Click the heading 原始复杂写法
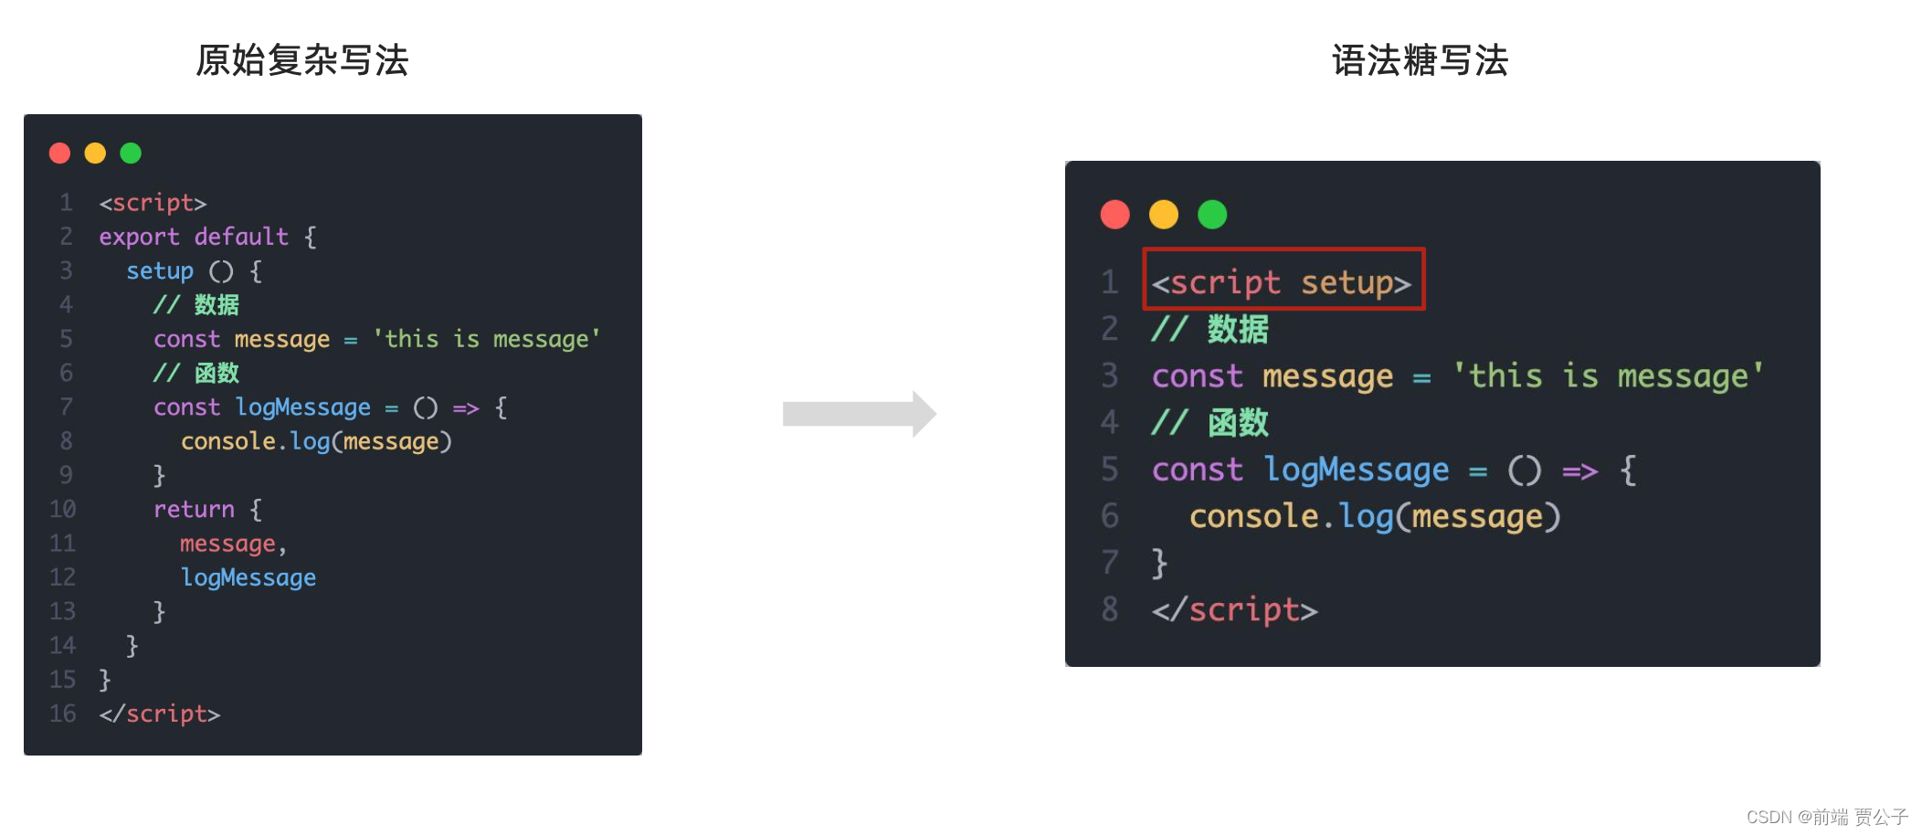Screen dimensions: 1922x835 [x=301, y=60]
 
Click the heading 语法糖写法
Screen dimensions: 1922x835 [x=1420, y=60]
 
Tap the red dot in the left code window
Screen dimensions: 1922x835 [x=60, y=153]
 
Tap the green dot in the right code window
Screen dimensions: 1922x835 [x=1212, y=215]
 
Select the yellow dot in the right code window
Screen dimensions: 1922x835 [x=1163, y=215]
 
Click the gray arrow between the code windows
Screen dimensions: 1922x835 [x=859, y=414]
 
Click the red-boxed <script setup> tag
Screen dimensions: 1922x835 [x=1283, y=281]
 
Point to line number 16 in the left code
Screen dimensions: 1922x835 [x=62, y=713]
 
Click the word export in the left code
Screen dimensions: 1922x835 [x=139, y=237]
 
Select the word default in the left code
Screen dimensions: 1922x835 [x=241, y=237]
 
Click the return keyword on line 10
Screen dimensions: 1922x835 [x=194, y=509]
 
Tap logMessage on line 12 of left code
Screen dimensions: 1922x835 [x=248, y=577]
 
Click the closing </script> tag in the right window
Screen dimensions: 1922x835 [x=1234, y=609]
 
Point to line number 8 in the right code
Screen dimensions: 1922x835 [x=1110, y=609]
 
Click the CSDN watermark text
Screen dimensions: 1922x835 [x=1826, y=816]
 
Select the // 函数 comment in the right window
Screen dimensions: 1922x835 [x=1209, y=423]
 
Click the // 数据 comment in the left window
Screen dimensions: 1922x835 [x=195, y=305]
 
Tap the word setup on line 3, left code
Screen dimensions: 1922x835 [x=160, y=271]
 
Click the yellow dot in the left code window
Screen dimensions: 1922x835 [x=95, y=153]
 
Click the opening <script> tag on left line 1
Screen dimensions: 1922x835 [x=153, y=203]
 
